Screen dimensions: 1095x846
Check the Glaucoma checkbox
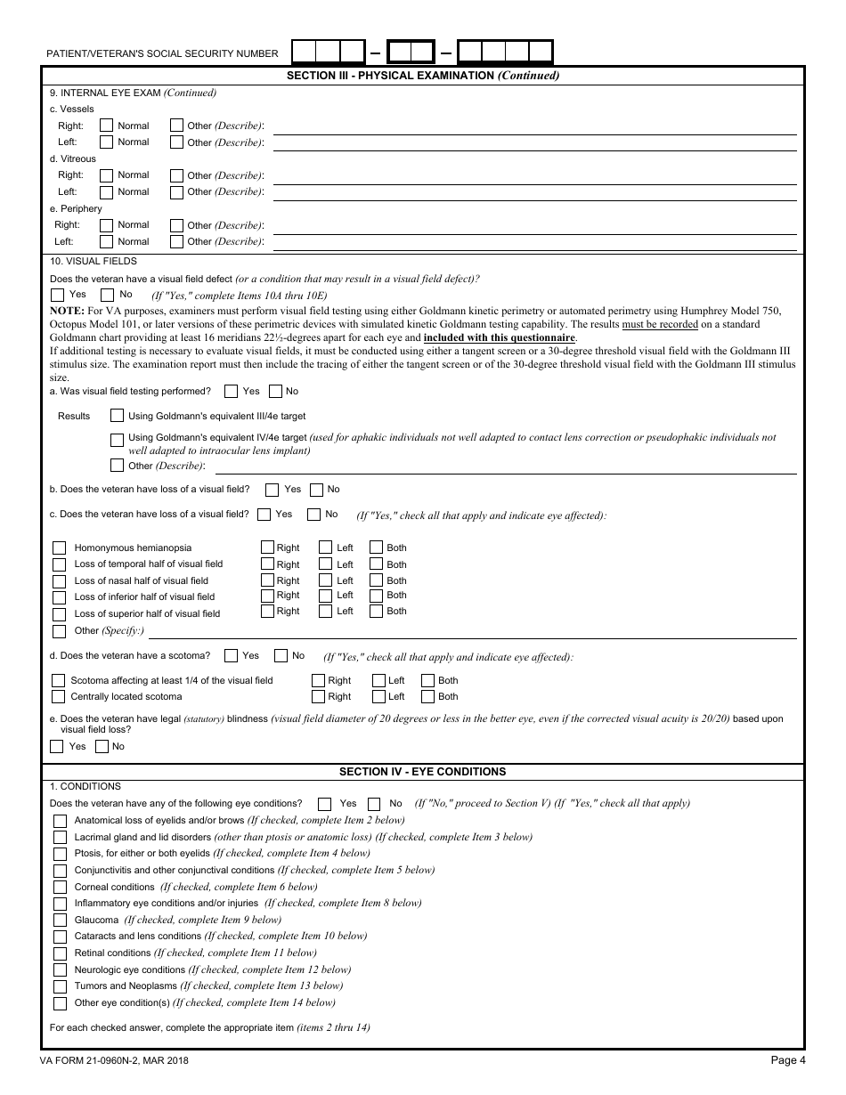point(60,921)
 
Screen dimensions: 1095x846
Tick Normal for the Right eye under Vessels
point(107,126)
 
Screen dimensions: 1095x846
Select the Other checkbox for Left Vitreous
point(176,192)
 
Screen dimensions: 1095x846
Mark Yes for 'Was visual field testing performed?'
point(232,391)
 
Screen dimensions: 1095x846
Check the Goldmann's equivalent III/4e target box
point(117,416)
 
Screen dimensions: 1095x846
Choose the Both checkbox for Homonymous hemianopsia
point(376,548)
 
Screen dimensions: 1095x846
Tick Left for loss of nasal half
point(325,580)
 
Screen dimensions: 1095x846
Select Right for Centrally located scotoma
point(318,697)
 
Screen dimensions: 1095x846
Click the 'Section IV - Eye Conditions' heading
point(422,772)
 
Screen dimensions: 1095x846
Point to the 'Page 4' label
point(787,1060)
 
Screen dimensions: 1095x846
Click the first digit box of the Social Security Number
point(304,53)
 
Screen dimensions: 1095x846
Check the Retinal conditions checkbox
point(60,953)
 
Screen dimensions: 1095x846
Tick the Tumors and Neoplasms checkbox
point(60,986)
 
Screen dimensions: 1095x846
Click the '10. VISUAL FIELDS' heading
point(94,262)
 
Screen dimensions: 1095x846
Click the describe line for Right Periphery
point(533,226)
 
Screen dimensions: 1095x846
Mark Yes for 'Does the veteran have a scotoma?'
point(232,656)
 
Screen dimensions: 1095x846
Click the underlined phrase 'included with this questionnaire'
point(499,338)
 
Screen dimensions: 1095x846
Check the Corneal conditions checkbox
point(60,888)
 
